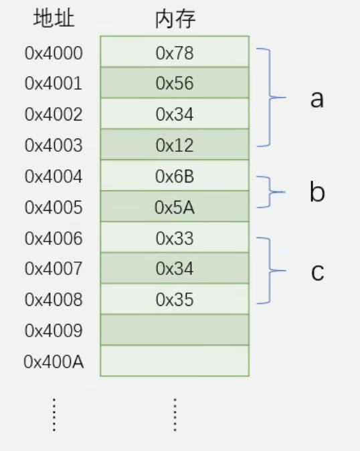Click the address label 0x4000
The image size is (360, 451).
(x=54, y=53)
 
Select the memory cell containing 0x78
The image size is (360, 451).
(x=175, y=52)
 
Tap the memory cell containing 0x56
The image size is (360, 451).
(x=175, y=82)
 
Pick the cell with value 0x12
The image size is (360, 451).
(x=175, y=145)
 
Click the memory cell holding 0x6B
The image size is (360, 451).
(x=175, y=175)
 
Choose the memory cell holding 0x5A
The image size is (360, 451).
(x=175, y=206)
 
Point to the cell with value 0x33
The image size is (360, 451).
(x=175, y=238)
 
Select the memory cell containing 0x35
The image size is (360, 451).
(x=175, y=299)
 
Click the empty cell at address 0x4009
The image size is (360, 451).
(x=175, y=330)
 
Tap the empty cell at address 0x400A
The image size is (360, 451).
(x=175, y=361)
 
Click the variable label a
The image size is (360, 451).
(x=317, y=99)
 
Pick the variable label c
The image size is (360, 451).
(x=318, y=272)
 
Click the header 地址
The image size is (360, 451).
(x=54, y=18)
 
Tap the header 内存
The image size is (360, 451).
(x=175, y=19)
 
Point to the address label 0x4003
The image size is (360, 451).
(x=54, y=145)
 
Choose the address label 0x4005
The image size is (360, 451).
(x=54, y=207)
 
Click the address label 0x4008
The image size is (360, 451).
(x=54, y=300)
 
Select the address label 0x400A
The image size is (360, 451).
(x=54, y=362)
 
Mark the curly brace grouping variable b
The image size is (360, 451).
(x=270, y=192)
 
